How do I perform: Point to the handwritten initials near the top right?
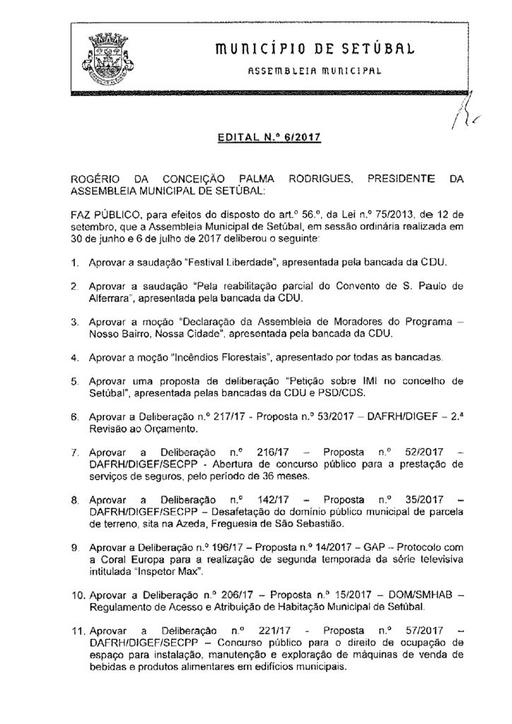pos(467,113)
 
